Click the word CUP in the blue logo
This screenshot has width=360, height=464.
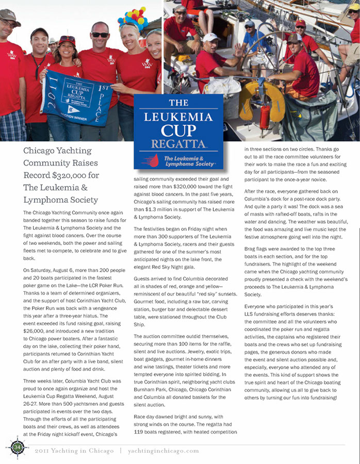178,129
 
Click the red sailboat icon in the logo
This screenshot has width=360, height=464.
150,159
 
